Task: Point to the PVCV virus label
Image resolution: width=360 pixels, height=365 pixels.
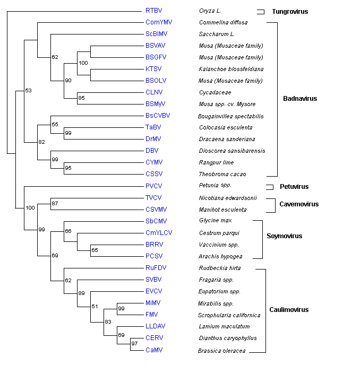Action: pos(153,186)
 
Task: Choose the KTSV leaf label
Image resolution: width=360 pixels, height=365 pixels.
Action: pos(153,69)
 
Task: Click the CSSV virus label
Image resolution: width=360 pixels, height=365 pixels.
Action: pos(153,174)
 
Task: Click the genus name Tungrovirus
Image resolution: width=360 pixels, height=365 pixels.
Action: pos(290,11)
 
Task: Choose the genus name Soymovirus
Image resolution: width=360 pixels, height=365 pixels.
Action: pos(285,236)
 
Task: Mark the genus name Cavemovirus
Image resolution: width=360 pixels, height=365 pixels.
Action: pos(299,204)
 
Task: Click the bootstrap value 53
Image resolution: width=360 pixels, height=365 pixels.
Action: pos(29,91)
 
